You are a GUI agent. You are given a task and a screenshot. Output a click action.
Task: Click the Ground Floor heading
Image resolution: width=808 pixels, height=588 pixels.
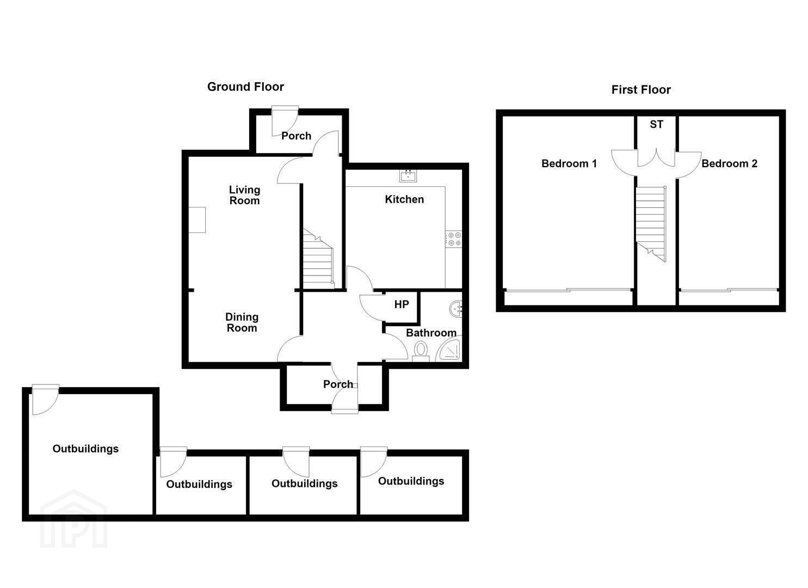245,87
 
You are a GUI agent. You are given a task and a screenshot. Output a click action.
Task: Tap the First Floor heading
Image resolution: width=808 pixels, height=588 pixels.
641,90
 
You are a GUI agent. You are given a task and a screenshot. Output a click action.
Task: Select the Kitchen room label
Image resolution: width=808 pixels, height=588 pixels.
404,199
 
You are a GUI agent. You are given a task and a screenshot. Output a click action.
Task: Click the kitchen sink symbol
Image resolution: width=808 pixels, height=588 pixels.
408,176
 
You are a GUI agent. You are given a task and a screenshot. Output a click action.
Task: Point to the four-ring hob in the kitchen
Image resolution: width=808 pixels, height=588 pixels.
453,239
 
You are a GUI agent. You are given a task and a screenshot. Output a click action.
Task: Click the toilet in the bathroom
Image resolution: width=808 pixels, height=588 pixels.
420,351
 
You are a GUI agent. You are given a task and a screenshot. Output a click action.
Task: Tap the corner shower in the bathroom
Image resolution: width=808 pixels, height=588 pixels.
449,349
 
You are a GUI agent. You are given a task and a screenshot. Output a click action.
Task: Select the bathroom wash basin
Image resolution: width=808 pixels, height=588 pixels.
457,309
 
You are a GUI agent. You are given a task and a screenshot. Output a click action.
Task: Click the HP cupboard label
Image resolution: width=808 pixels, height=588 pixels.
402,305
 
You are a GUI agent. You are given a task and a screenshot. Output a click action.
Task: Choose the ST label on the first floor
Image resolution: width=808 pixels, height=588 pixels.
656,125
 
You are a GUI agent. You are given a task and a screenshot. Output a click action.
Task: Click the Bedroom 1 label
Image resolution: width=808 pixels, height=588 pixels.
569,163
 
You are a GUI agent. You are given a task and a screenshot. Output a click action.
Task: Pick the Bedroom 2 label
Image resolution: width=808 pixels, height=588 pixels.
729,163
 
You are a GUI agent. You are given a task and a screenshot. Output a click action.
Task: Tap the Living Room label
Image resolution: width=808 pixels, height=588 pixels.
244,195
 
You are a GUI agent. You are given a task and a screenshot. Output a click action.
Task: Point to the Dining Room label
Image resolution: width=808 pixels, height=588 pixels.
242,323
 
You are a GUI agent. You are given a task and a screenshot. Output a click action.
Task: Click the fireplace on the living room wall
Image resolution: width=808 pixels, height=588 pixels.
197,220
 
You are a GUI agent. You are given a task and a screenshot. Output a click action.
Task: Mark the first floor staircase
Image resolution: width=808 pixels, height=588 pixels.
650,224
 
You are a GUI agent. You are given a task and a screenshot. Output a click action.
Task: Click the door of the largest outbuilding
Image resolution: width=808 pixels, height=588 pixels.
46,400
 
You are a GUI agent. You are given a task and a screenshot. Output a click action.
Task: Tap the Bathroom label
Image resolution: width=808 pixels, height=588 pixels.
431,333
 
